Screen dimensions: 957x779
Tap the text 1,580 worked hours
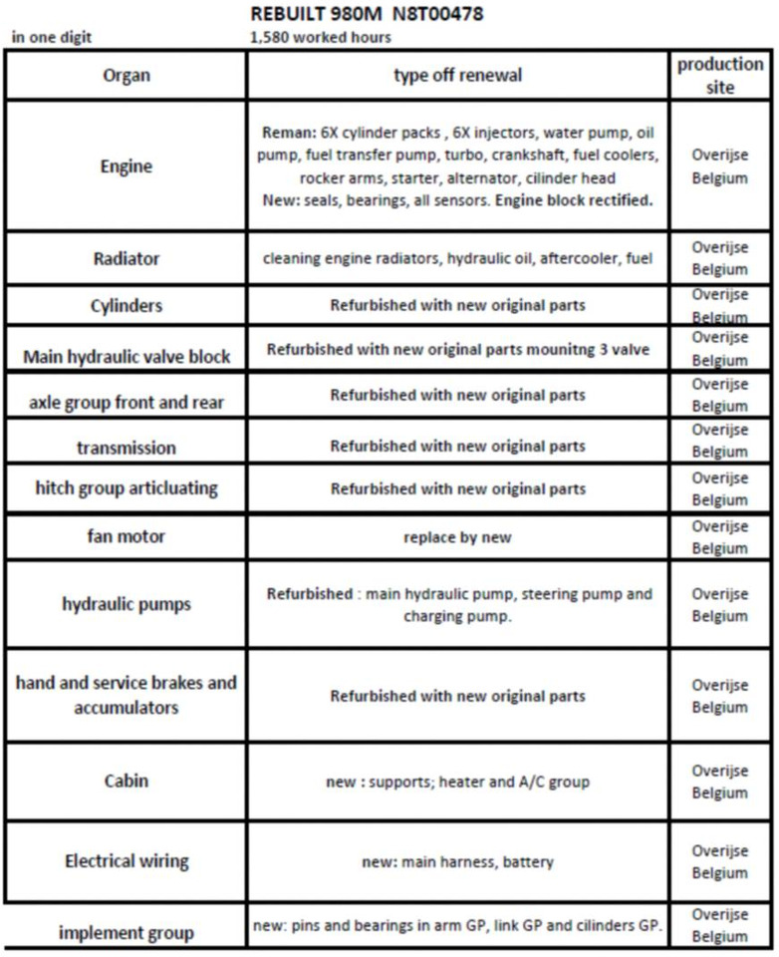coord(323,38)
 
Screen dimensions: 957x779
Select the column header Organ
coord(127,77)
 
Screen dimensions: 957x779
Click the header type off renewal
coord(457,76)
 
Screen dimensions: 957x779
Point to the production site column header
coord(720,76)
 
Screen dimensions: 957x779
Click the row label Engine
coord(127,165)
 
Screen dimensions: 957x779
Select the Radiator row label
coord(127,258)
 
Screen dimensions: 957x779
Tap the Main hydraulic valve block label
coord(127,357)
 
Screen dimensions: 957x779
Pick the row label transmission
coord(127,448)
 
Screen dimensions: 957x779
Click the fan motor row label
coord(127,536)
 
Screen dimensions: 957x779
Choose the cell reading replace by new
coord(457,537)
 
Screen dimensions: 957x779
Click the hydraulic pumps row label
coord(127,604)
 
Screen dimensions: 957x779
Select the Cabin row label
coord(127,781)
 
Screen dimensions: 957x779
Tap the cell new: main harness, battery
coord(457,861)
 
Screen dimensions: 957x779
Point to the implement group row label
coord(127,933)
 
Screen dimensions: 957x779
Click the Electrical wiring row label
coord(127,861)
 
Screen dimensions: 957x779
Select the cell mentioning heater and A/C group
coord(457,782)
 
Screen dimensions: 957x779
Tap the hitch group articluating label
coord(127,489)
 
